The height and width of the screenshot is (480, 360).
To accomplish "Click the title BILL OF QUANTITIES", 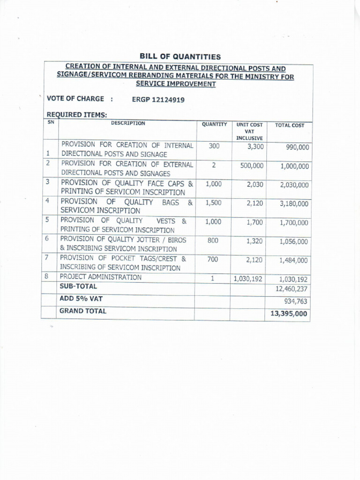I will (x=173, y=57).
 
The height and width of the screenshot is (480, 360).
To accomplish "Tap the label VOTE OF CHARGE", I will (x=75, y=99).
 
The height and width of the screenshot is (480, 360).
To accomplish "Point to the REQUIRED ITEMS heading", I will (x=77, y=115).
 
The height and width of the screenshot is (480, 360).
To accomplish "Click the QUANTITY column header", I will (x=214, y=125).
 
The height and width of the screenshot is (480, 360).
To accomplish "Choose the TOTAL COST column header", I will (x=289, y=126).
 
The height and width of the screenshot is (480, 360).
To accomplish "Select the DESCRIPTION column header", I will (x=128, y=124).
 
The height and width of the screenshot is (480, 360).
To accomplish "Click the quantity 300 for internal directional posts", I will (x=214, y=146).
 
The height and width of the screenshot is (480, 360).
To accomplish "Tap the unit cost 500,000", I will (x=252, y=166).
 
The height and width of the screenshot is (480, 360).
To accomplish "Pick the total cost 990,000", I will (x=297, y=147).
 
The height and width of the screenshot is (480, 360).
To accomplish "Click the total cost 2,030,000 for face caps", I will (x=294, y=185).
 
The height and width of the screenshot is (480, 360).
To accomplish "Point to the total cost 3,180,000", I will (x=294, y=204).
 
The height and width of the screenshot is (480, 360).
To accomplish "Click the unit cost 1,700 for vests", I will (x=255, y=223).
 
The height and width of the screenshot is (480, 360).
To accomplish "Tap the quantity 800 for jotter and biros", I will (x=214, y=240).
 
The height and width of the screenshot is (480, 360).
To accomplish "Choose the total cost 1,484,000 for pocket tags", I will (x=294, y=260).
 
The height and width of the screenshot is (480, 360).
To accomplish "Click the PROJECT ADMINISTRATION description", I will (x=100, y=277).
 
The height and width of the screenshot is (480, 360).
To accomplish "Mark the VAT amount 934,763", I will (x=296, y=301).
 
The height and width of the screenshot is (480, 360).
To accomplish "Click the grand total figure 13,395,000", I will (x=289, y=314).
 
